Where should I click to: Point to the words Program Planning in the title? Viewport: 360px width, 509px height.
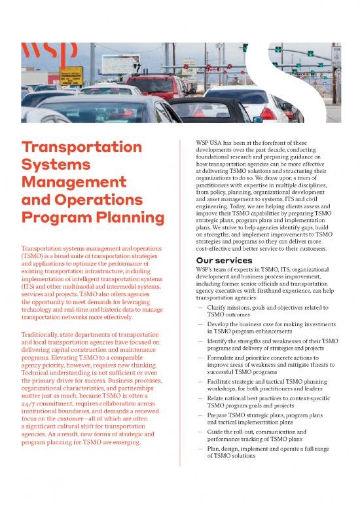[x=93, y=217]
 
